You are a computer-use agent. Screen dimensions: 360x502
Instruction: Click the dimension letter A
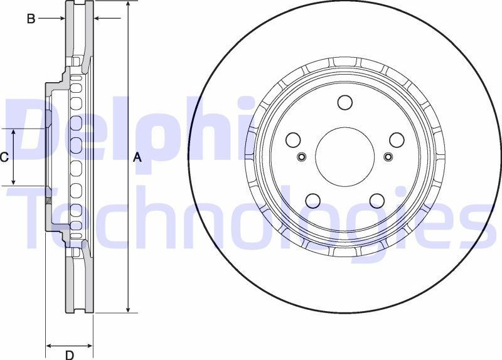[x=138, y=158]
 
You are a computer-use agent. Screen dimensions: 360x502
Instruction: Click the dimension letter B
[x=31, y=19]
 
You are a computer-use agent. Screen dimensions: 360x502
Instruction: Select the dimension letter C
[x=4, y=157]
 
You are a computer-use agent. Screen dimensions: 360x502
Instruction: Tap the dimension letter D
[x=70, y=355]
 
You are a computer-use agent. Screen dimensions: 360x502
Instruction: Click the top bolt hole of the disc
[x=344, y=102]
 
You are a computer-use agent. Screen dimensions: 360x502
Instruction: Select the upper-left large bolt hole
[x=294, y=140]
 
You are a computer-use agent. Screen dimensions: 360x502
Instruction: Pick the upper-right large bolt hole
[x=397, y=139]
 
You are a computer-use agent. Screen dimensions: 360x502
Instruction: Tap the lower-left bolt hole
[x=313, y=201]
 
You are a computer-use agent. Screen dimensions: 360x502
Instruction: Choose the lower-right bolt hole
[x=376, y=201]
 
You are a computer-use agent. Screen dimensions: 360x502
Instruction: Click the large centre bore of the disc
[x=344, y=157]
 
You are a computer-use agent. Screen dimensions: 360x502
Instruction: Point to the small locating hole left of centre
[x=302, y=157]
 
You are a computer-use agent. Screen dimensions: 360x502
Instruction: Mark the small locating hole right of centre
[x=387, y=157]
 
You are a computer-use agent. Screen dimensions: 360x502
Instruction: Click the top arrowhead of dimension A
[x=128, y=5]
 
